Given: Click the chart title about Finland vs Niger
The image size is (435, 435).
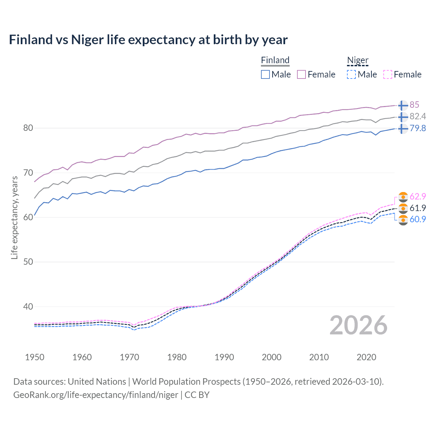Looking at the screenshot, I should pos(148,40).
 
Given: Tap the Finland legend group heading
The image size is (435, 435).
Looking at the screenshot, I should pos(275,60).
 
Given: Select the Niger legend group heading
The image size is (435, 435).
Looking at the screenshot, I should pos(358,60).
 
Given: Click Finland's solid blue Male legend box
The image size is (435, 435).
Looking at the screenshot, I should pos(265,74).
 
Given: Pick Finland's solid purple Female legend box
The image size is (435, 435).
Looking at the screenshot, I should pos(301,74).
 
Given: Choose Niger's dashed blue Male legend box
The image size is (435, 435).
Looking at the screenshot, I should pos(351,74).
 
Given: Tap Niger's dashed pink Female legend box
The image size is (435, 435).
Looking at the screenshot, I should pos(387,74).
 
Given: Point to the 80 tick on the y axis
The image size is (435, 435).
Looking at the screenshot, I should pos(28,128).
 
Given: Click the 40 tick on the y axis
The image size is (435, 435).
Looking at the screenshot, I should pos(28,307).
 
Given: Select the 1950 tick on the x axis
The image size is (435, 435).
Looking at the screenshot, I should pos(35,357).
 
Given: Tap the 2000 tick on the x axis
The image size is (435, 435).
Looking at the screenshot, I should pos(272,357).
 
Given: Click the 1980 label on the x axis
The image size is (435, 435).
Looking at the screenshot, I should pos(177,357).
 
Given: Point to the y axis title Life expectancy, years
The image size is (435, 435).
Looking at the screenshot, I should pos(15,217).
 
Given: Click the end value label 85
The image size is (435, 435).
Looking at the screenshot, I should pos(414,105).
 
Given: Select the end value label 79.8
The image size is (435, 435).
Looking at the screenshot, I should pos(418,128).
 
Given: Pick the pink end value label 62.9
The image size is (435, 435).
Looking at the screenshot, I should pos(418,197).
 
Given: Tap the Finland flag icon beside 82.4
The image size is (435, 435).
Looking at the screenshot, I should pos(403,117).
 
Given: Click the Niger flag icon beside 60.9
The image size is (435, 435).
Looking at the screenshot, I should pos(403,220).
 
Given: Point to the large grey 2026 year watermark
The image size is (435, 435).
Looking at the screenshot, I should pos(358,325).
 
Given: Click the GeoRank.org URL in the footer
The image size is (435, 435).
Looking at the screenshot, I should pos(95,395).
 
